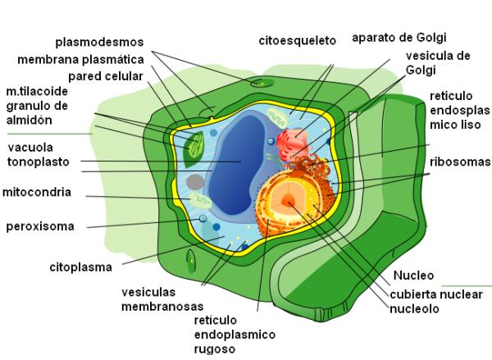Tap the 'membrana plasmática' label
81,59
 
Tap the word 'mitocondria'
37,193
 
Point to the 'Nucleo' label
413,275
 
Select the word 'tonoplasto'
39,162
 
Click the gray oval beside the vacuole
195,180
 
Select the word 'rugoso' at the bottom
216,349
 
